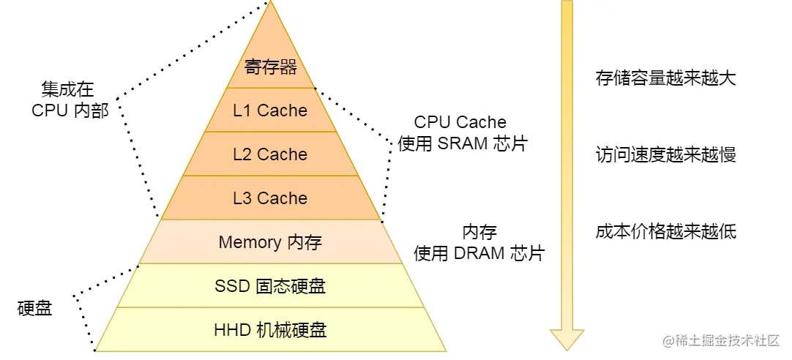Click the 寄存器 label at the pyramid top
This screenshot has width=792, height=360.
click(271, 68)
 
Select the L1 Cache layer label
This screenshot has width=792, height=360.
click(270, 110)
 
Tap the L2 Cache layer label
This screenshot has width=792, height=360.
click(270, 154)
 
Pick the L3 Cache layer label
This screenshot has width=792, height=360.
click(270, 198)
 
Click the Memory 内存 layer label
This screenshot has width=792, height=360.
click(270, 242)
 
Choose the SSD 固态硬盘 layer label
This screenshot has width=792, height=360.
click(270, 286)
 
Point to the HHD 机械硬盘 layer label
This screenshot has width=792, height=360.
click(270, 329)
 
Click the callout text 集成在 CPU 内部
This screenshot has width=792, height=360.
click(70, 100)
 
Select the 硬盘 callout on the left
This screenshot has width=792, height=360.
click(34, 308)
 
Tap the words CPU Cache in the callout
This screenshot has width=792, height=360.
click(460, 122)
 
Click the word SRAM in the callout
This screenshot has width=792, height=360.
click(463, 143)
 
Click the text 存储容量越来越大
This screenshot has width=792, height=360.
click(665, 78)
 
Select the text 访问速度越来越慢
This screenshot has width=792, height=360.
click(665, 155)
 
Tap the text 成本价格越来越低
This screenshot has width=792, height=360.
click(665, 232)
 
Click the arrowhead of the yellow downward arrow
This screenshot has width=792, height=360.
click(567, 339)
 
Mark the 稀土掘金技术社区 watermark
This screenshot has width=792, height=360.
click(721, 341)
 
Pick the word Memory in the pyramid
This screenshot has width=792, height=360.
click(250, 242)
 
